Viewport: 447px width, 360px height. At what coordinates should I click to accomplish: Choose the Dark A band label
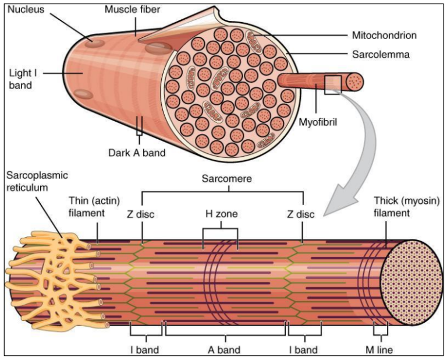[x=137, y=153]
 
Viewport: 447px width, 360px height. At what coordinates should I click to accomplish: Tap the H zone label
[x=221, y=214]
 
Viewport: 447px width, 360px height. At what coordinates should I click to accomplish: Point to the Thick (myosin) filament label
[x=406, y=207]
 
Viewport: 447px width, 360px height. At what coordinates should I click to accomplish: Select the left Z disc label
[x=141, y=214]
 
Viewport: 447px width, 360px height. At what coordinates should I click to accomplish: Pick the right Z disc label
[x=301, y=214]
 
